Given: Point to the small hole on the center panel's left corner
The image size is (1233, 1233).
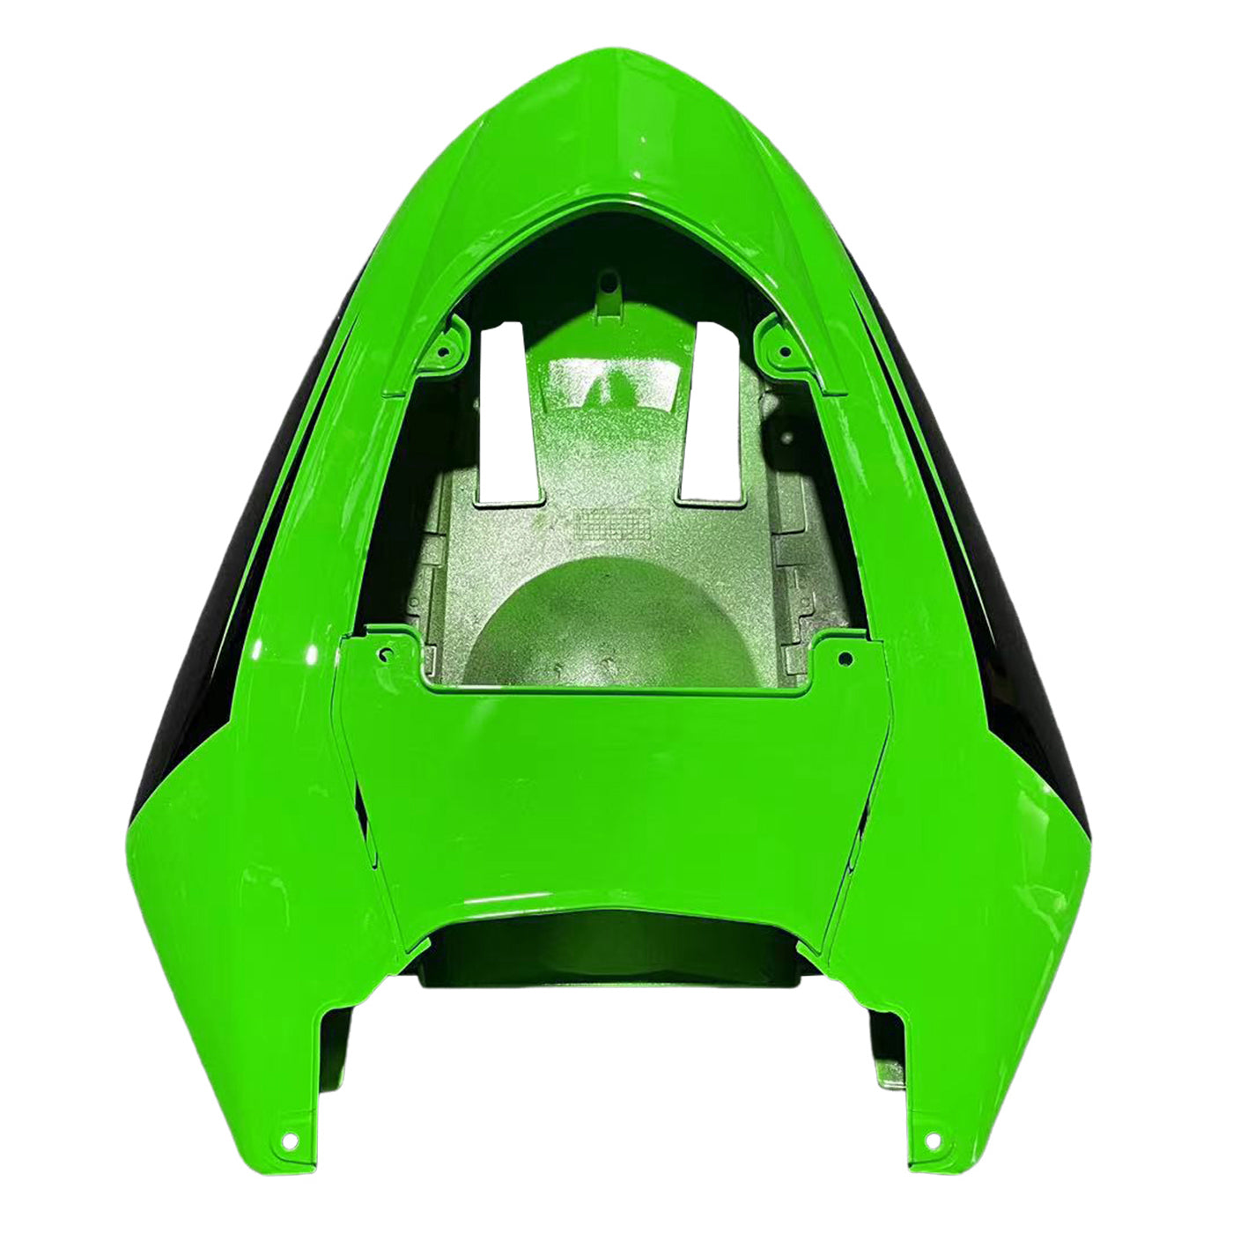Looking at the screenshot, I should click(386, 654).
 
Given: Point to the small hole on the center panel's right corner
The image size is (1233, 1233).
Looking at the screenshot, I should click(844, 656).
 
